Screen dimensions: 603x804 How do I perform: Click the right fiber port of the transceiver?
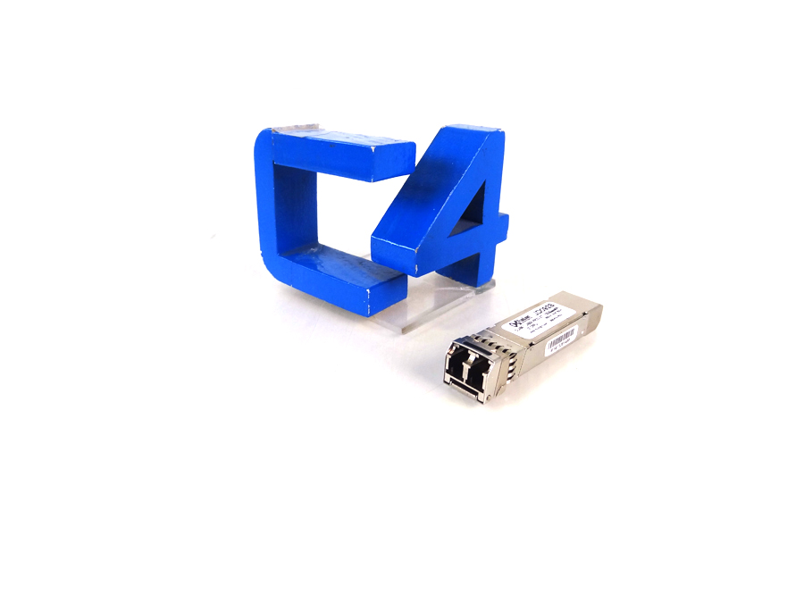(x=477, y=375)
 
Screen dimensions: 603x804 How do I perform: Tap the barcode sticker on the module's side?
(x=562, y=339)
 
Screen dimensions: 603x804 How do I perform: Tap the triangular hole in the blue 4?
(x=473, y=214)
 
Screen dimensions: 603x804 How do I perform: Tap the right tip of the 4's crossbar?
(x=504, y=228)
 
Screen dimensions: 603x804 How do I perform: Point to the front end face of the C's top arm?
(x=394, y=161)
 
